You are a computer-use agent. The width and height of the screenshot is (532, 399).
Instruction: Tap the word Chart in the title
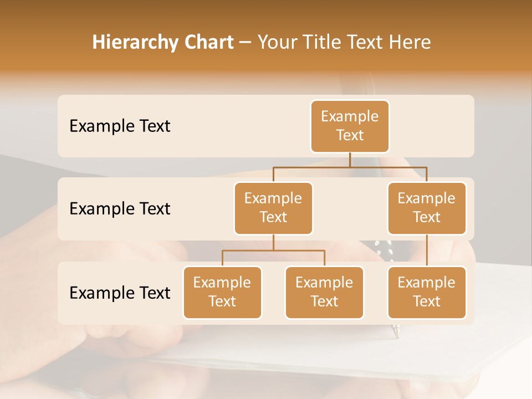tap(208, 43)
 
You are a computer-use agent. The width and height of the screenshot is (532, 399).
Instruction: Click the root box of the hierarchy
tap(350, 126)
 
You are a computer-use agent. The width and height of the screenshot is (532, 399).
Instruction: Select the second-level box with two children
tap(273, 208)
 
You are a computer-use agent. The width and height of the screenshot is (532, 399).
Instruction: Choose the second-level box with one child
tap(427, 208)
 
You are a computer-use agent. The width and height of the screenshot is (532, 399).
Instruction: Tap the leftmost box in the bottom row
tap(222, 293)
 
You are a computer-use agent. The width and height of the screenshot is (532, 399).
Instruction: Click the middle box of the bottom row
tap(324, 293)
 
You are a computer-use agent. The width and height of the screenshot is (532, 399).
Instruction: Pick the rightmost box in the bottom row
tap(427, 293)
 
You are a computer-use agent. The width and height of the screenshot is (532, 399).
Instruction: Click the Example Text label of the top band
tap(120, 126)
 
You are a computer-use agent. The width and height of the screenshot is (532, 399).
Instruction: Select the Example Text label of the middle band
tap(120, 209)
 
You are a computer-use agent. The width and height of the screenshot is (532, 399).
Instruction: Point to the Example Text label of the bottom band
tap(120, 293)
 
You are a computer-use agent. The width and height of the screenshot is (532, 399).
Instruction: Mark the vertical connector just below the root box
tap(350, 160)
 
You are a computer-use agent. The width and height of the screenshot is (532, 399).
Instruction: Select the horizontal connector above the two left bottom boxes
tap(273, 251)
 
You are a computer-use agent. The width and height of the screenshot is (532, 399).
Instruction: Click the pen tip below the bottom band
tap(396, 332)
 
